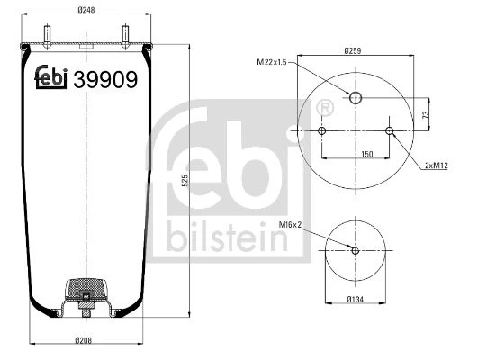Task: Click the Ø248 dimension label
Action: (x=86, y=10)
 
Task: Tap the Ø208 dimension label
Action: (x=83, y=340)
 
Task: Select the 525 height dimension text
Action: (x=185, y=181)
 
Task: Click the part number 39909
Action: (x=105, y=79)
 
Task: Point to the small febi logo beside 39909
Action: (x=51, y=77)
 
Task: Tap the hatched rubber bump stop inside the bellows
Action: (x=86, y=289)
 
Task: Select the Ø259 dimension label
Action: (x=353, y=51)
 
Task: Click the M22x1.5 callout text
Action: (x=272, y=62)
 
